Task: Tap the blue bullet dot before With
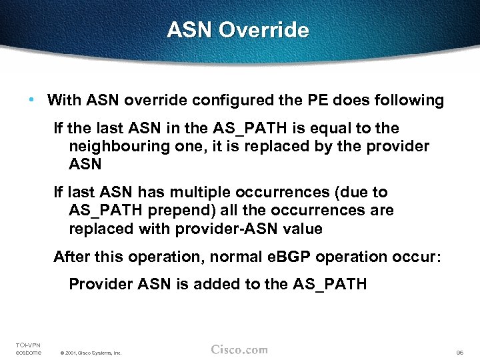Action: (33, 100)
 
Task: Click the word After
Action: (71, 257)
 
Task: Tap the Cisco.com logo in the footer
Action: (239, 349)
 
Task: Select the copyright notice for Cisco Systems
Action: (91, 353)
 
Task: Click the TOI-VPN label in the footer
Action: (27, 344)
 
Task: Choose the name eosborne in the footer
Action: (28, 352)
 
